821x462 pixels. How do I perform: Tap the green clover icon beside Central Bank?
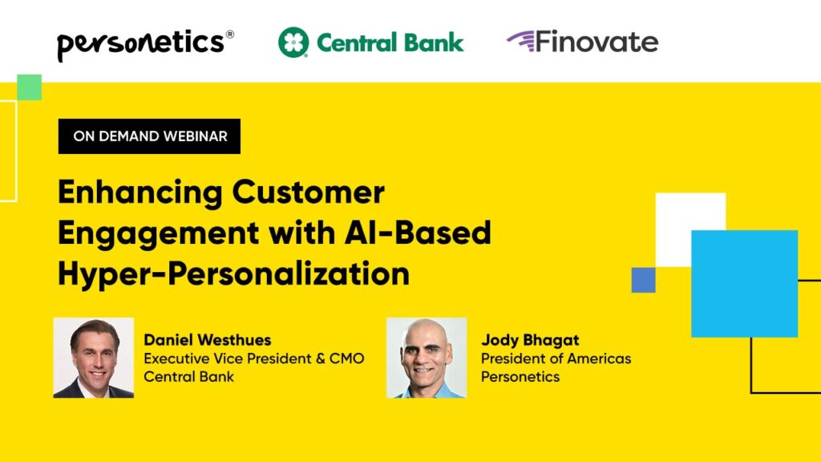[293, 43]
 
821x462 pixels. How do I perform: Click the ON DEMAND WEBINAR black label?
[150, 136]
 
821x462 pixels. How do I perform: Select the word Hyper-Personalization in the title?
[233, 274]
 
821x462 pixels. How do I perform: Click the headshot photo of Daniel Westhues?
[94, 358]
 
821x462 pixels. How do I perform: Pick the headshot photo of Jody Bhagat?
[427, 358]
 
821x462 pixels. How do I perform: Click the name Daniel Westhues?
[206, 339]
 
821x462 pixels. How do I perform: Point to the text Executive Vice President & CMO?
[254, 359]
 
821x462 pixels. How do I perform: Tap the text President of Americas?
[556, 359]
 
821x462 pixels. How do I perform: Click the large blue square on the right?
[744, 283]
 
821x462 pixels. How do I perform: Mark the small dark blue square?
[643, 280]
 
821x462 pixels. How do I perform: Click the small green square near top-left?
[29, 87]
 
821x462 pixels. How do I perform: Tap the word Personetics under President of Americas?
[520, 377]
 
